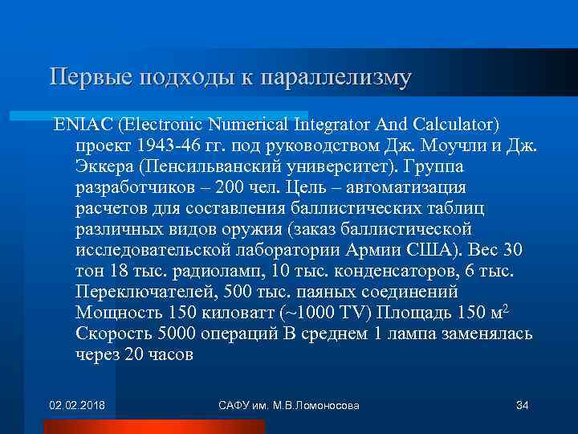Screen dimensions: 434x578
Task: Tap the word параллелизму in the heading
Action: [x=348, y=77]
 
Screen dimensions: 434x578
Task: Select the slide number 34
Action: [x=522, y=404]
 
